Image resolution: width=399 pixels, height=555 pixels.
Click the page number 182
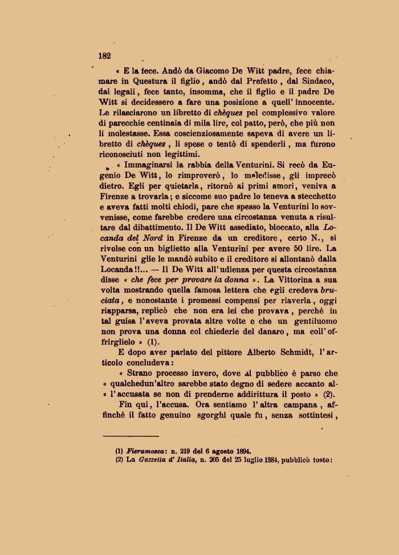(104, 56)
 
